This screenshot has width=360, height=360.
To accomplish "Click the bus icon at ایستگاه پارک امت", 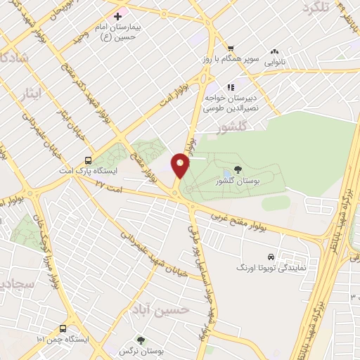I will (x=88, y=160).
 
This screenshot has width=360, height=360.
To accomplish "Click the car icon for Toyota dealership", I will (x=270, y=257).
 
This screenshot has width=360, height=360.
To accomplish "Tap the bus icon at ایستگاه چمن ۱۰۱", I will (x=63, y=328).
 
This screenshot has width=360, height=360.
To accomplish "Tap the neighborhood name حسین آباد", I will (x=154, y=309).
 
